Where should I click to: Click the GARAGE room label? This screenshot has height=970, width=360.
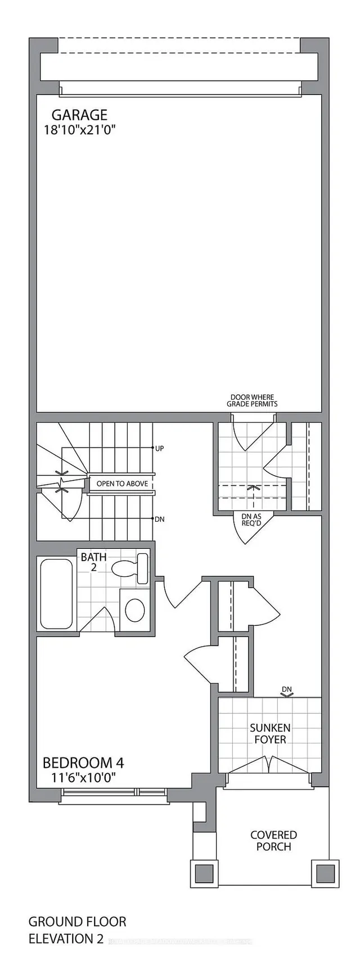[79, 115]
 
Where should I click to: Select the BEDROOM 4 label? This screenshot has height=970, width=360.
[83, 763]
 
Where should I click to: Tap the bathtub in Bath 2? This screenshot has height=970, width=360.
[56, 593]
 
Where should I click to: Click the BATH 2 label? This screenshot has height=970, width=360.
[93, 562]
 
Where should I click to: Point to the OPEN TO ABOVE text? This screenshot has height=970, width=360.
[122, 484]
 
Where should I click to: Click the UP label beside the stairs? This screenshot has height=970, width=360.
[159, 448]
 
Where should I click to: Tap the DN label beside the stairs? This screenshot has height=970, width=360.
[160, 519]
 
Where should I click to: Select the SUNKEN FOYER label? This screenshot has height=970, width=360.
[270, 733]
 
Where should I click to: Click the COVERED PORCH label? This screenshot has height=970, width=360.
[274, 841]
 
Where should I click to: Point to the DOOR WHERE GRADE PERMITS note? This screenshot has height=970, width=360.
[252, 400]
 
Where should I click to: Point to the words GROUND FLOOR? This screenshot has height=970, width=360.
[77, 922]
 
